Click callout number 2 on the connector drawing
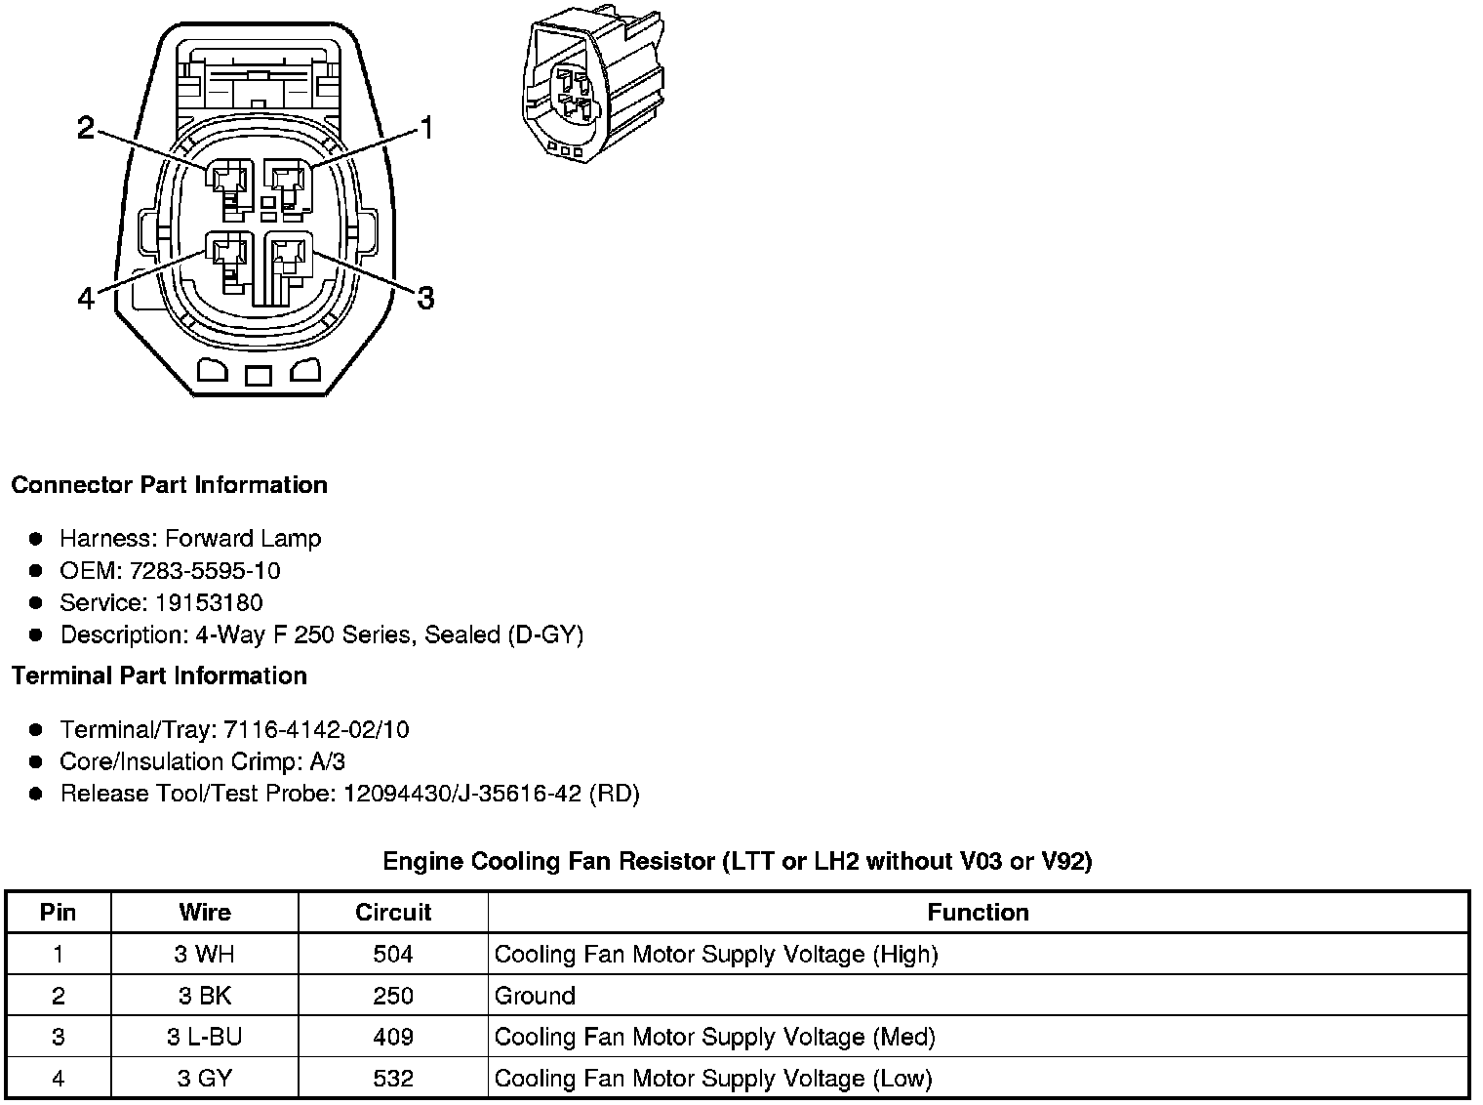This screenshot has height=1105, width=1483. pos(86,128)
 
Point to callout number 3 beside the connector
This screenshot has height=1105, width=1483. pos(425,298)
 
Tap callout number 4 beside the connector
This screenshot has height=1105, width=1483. pos(86,298)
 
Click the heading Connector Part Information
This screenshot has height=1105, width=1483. pos(169,485)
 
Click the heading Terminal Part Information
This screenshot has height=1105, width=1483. pos(159,675)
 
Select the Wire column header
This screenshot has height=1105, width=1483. pos(205,913)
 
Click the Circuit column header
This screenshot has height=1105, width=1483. pos(393,913)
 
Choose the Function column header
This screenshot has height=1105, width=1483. pos(978,913)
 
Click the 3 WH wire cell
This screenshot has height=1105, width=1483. pos(205,954)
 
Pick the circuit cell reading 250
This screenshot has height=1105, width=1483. pos(393,996)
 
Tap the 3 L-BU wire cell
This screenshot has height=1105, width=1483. pos(205,1037)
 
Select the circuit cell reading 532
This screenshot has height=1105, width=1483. pos(393,1079)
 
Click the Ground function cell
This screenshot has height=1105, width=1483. pos(535,996)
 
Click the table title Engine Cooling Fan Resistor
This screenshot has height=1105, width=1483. pos(737,861)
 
